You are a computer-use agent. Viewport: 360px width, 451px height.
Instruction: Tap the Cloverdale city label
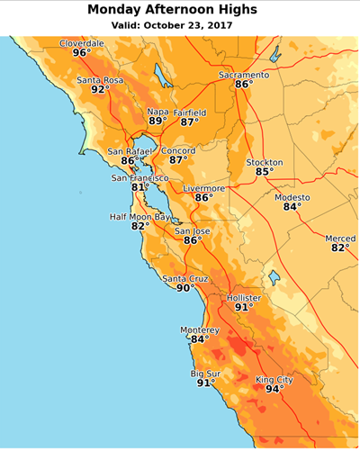pos(82,43)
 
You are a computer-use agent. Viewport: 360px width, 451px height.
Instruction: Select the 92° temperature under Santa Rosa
pos(100,90)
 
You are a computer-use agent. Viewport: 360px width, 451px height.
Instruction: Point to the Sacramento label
pos(244,75)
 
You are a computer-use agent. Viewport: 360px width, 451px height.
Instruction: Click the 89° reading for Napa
pos(157,122)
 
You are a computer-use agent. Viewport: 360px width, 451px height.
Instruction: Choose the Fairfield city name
pos(190,113)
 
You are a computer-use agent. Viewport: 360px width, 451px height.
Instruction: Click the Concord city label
pos(178,150)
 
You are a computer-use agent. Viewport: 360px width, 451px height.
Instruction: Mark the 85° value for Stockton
pos(265,172)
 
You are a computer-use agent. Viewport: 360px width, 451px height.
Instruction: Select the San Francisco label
pos(139,178)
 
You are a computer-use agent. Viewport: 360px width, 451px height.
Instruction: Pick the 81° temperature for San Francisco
pos(140,188)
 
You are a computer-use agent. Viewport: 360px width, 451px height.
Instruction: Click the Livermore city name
pos(204,188)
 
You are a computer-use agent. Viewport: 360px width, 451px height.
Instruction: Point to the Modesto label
pos(292,197)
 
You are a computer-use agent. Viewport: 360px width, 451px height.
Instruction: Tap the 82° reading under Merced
pos(340,248)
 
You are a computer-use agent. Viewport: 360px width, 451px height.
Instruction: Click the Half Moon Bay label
pos(139,217)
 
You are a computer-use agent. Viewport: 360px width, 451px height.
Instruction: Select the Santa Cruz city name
pos(184,279)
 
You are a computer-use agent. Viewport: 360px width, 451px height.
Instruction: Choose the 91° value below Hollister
pos(244,307)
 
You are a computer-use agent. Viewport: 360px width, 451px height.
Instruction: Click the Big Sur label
pos(205,373)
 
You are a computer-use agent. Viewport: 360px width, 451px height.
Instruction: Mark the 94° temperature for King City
pos(274,390)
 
